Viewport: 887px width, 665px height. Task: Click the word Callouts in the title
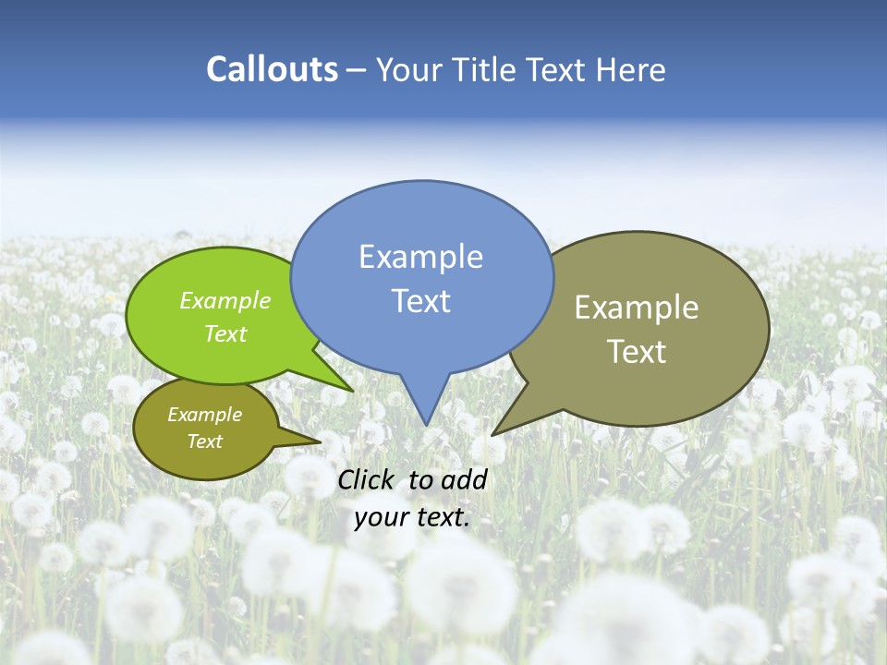[x=272, y=69]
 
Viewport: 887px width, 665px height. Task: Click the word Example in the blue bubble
[x=421, y=257]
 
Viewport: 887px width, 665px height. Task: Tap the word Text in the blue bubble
[x=421, y=301]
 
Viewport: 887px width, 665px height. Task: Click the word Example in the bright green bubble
[x=225, y=300]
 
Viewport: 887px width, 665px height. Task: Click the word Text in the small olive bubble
[x=205, y=441]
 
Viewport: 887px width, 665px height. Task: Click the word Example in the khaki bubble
[x=637, y=308]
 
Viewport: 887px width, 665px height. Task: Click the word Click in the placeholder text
[x=368, y=479]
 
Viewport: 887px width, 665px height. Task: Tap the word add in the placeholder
[x=464, y=479]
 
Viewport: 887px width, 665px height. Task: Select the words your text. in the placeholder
[x=412, y=516]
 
